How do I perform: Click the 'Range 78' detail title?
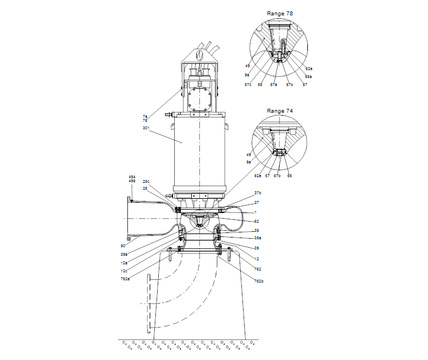point(280,13)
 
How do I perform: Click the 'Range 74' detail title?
point(280,111)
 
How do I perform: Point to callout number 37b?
point(257,193)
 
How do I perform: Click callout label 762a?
point(125,279)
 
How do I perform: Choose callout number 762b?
point(258,281)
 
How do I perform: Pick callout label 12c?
point(124,271)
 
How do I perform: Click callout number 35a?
point(258,238)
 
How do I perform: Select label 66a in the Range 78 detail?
point(308,76)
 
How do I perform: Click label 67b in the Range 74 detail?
point(277,176)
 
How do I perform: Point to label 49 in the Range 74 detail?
point(248,154)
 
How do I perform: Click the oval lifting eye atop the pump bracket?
point(199,56)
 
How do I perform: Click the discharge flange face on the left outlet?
point(127,218)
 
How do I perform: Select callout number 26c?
point(146,182)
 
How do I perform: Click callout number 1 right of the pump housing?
point(255,212)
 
